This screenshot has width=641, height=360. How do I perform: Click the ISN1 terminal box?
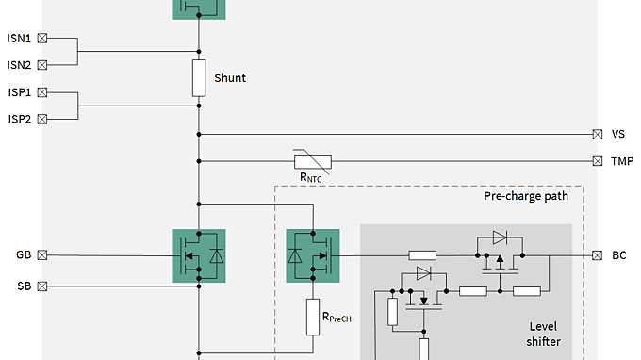41,39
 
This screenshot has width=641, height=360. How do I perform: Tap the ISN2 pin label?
19,65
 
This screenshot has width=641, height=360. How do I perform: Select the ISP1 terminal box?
41,93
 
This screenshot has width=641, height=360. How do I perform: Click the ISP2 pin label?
19,120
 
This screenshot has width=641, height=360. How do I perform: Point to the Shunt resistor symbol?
199,78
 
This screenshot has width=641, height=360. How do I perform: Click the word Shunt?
230,78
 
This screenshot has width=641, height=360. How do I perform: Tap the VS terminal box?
597,134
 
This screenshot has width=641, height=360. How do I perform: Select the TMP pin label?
621,161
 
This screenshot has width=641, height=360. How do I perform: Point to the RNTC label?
311,177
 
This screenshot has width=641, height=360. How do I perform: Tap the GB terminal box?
41,254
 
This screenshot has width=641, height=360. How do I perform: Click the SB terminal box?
41,286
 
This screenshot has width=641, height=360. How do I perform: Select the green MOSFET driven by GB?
199,255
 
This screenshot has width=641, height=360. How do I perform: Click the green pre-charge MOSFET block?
311,255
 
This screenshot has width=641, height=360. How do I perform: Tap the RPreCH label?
336,318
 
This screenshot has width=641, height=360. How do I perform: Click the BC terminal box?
597,254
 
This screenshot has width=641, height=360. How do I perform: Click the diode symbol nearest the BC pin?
500,237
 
